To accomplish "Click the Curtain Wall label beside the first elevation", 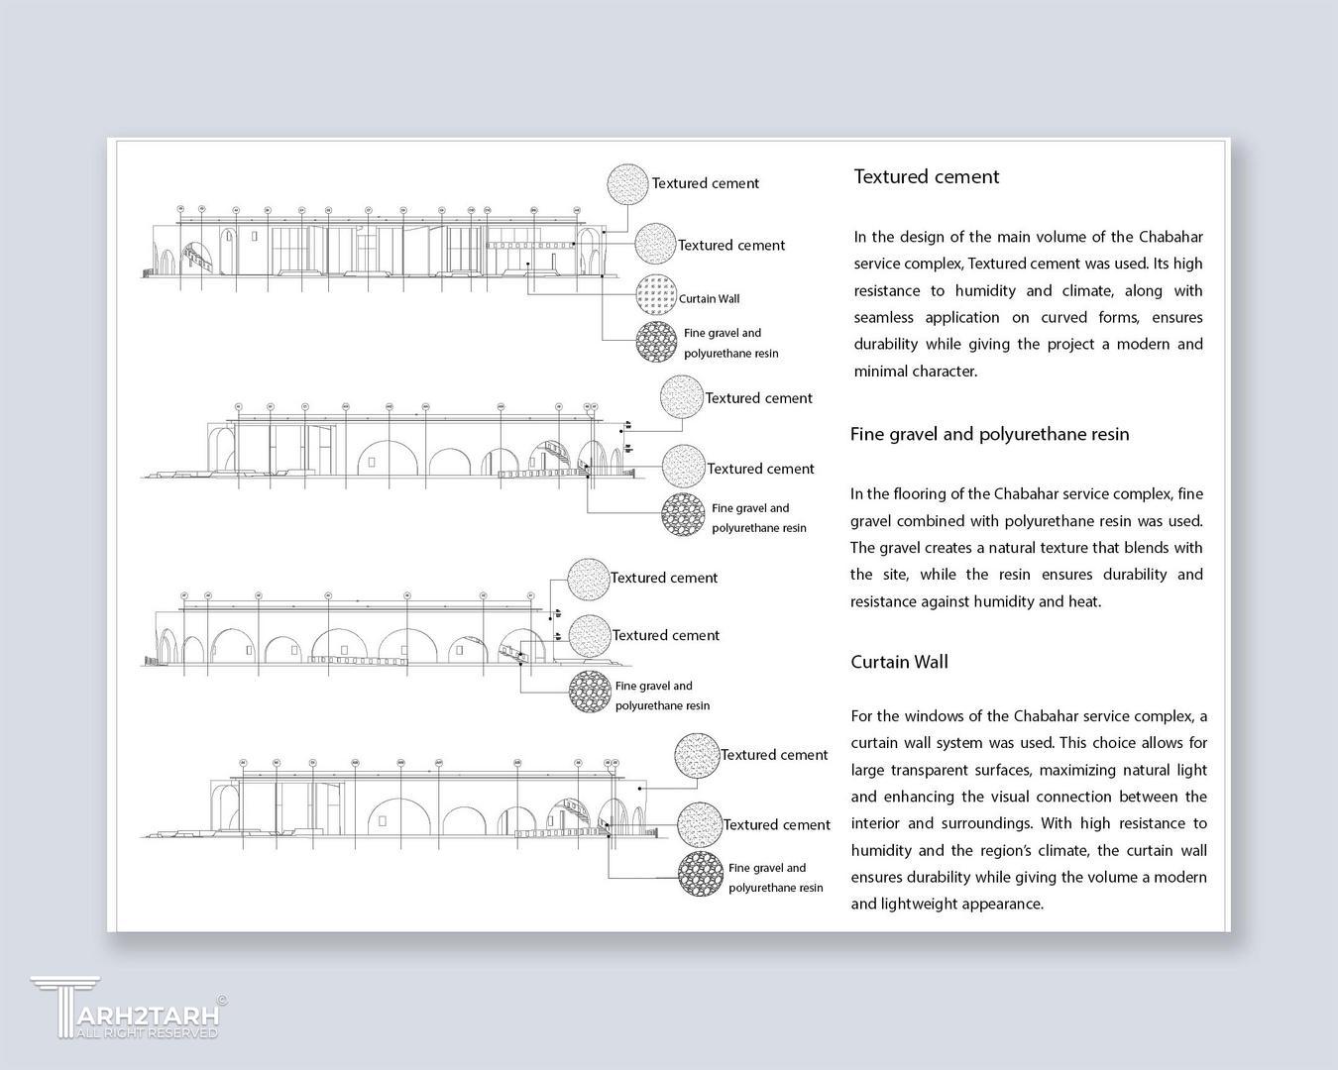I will [x=709, y=298].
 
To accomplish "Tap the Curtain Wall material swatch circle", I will [x=656, y=295].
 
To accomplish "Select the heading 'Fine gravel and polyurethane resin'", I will [x=989, y=434].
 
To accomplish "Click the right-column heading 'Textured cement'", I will [x=926, y=176].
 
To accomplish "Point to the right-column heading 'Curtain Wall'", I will [x=899, y=662].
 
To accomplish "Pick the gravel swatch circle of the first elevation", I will [x=657, y=343].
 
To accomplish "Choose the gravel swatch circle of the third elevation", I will [x=591, y=693].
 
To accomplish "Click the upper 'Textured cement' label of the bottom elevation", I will [x=774, y=755].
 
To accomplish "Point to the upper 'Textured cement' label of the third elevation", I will [x=664, y=578].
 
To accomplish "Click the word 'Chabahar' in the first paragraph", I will [x=1171, y=237].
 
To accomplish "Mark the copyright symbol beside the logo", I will [x=221, y=1001].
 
